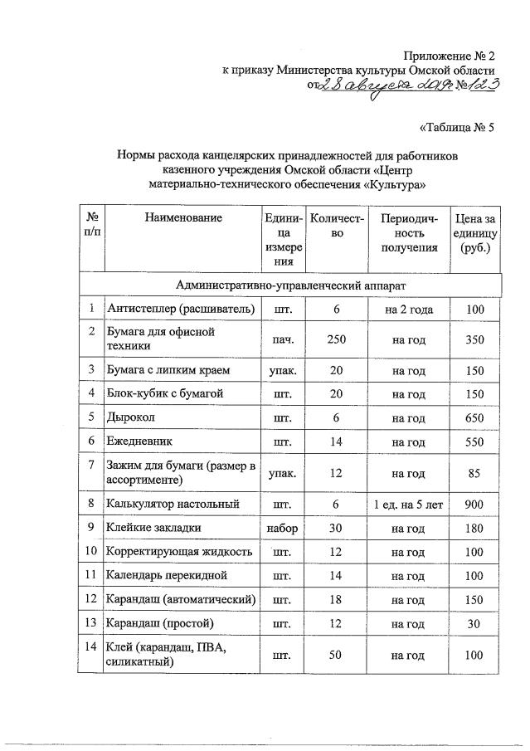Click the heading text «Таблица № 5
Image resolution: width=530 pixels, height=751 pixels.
456,128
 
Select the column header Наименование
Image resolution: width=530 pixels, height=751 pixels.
182,218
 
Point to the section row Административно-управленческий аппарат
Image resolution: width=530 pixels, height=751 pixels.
290,285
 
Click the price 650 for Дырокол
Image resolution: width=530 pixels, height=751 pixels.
474,418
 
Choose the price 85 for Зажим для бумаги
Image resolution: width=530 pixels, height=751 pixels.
474,474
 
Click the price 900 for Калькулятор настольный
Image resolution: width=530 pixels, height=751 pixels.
474,504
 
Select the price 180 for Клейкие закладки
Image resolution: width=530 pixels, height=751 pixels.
474,527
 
